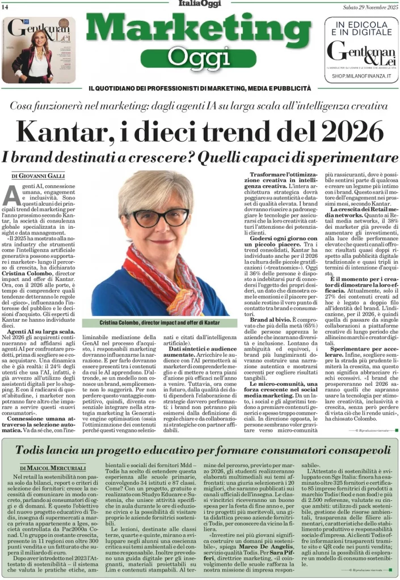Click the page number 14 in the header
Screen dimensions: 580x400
[x=6, y=6]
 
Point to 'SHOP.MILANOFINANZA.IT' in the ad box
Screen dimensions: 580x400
[x=362, y=75]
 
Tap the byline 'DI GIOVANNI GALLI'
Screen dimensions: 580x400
[x=38, y=176]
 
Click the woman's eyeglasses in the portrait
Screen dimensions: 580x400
[x=161, y=217]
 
